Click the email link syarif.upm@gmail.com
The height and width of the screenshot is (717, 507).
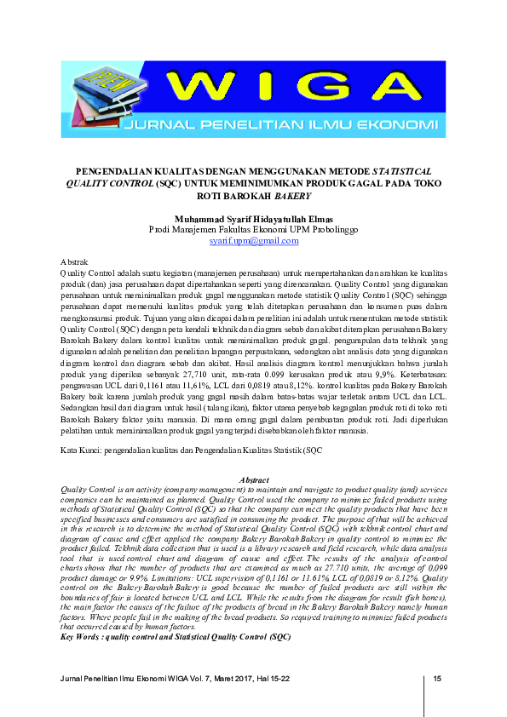pos(253,241)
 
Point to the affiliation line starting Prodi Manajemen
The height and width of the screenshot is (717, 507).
pos(253,229)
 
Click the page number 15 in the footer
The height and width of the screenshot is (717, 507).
pos(439,678)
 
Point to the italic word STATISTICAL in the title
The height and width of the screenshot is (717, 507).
pos(408,169)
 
